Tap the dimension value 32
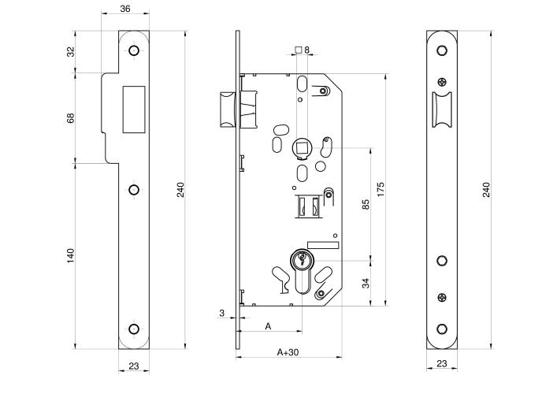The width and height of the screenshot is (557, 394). coord(70,52)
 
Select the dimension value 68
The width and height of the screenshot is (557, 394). coord(70,118)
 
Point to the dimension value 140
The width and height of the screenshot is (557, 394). coord(70,255)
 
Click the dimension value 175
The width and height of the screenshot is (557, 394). coord(381,190)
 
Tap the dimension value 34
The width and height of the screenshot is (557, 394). coord(366,282)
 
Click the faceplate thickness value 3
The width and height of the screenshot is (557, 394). coord(222,313)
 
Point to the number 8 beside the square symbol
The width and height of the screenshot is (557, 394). coord(306,50)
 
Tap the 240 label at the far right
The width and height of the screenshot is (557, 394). coord(486,189)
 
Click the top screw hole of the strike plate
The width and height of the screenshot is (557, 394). coord(133,51)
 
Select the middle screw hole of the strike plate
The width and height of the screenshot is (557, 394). coord(133,189)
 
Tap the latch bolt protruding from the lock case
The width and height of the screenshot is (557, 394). coord(227,108)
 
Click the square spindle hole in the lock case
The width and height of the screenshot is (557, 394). coord(302,146)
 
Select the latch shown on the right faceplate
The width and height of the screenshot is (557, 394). coord(441,110)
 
